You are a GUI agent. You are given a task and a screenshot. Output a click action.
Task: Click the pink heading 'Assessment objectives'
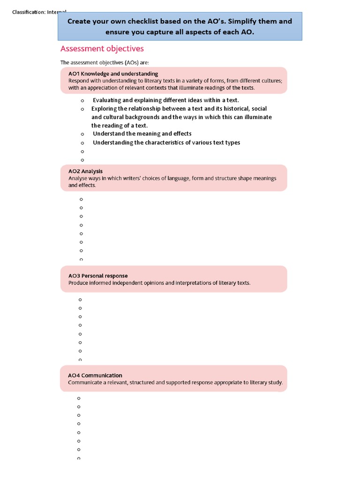102,49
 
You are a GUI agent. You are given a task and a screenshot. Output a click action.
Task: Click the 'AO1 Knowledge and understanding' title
113,74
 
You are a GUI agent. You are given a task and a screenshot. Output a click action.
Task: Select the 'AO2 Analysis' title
85,171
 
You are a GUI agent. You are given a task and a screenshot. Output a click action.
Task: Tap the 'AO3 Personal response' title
98,276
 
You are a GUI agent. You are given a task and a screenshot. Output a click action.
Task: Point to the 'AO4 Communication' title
95,375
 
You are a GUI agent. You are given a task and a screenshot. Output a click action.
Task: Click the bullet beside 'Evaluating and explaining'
82,101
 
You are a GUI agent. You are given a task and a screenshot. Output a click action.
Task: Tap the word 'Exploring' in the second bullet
105,109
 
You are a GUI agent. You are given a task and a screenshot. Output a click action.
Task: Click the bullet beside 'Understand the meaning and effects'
82,135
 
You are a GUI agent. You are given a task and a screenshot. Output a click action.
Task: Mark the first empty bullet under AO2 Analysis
81,199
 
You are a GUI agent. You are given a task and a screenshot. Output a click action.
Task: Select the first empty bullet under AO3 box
80,300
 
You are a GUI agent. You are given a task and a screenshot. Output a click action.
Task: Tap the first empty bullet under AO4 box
79,398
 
